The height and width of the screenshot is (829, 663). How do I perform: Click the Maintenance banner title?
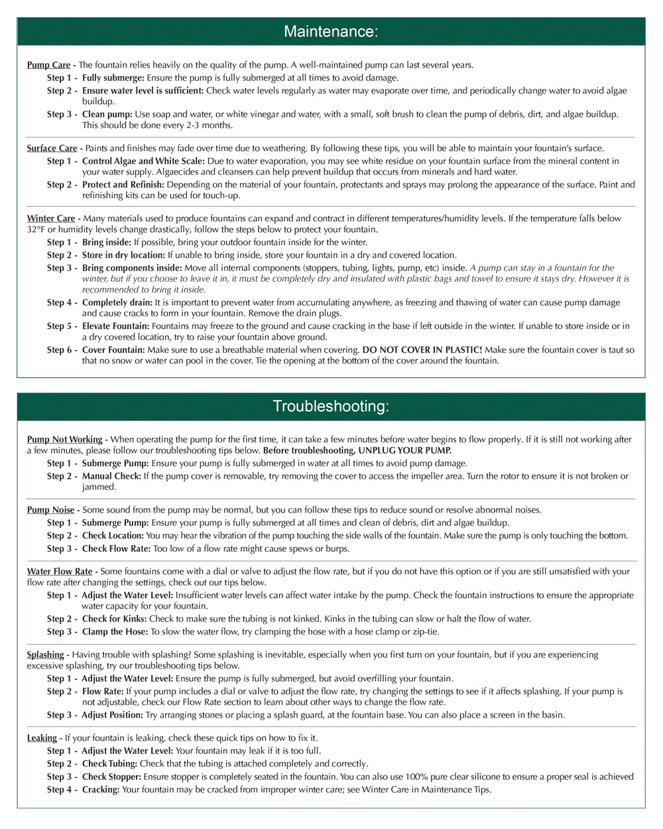pos(331,31)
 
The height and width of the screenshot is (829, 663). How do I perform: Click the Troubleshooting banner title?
pos(331,406)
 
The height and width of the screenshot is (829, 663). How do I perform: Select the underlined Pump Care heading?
pos(48,65)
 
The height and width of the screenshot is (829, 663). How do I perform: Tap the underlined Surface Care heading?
pos(52,148)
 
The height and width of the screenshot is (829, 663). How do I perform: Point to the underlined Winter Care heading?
pos(51,218)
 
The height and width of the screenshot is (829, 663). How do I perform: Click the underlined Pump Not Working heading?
pos(64,439)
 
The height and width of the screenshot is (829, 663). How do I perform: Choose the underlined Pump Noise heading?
pos(50,510)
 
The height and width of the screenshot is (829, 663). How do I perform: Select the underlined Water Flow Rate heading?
pos(60,571)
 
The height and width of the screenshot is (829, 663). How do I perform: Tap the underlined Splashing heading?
pos(45,655)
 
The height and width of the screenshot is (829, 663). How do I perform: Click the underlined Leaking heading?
pos(42,738)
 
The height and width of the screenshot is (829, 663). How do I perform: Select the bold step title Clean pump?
pos(107,114)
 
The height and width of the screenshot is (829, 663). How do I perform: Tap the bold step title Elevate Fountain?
pos(117,326)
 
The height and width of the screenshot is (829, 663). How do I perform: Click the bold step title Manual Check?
pos(111,476)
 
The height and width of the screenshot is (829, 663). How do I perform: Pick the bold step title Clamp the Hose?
pos(115,632)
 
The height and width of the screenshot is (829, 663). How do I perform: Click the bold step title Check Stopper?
pos(111,777)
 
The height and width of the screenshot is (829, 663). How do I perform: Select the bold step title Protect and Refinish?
pos(123,184)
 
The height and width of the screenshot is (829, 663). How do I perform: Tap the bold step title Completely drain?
pos(117,302)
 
